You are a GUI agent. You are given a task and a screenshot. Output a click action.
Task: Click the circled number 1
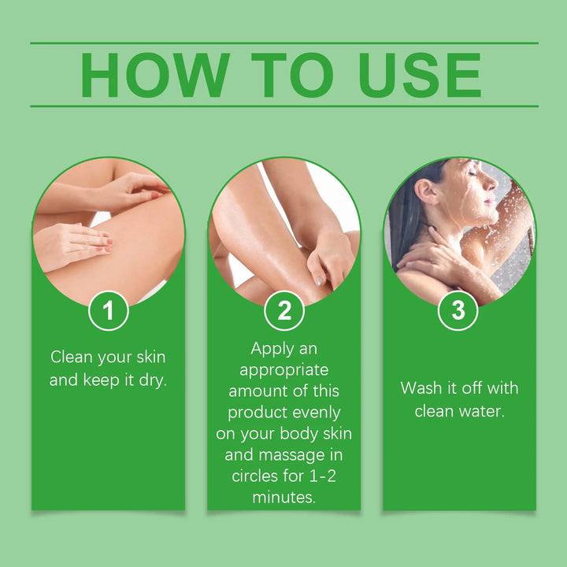pyautogui.click(x=109, y=311)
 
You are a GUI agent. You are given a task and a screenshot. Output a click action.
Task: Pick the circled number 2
pyautogui.click(x=284, y=311)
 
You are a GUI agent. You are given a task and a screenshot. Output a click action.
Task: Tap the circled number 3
pyautogui.click(x=458, y=311)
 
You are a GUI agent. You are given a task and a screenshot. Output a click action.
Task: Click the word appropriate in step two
pyautogui.click(x=284, y=369)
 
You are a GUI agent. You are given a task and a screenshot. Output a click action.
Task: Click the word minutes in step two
pyautogui.click(x=282, y=498)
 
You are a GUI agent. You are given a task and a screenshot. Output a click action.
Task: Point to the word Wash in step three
pyautogui.click(x=419, y=388)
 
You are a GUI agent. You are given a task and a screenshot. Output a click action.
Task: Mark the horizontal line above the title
pyautogui.click(x=284, y=43)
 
